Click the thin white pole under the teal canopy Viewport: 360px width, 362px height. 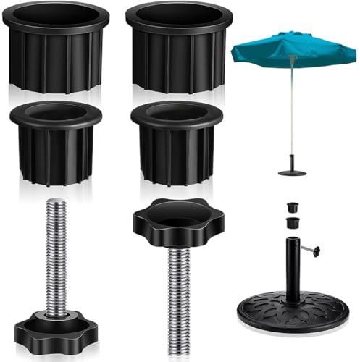[x=292, y=116]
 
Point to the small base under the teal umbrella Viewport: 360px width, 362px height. [x=292, y=171]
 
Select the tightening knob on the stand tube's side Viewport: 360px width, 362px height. [x=314, y=251]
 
